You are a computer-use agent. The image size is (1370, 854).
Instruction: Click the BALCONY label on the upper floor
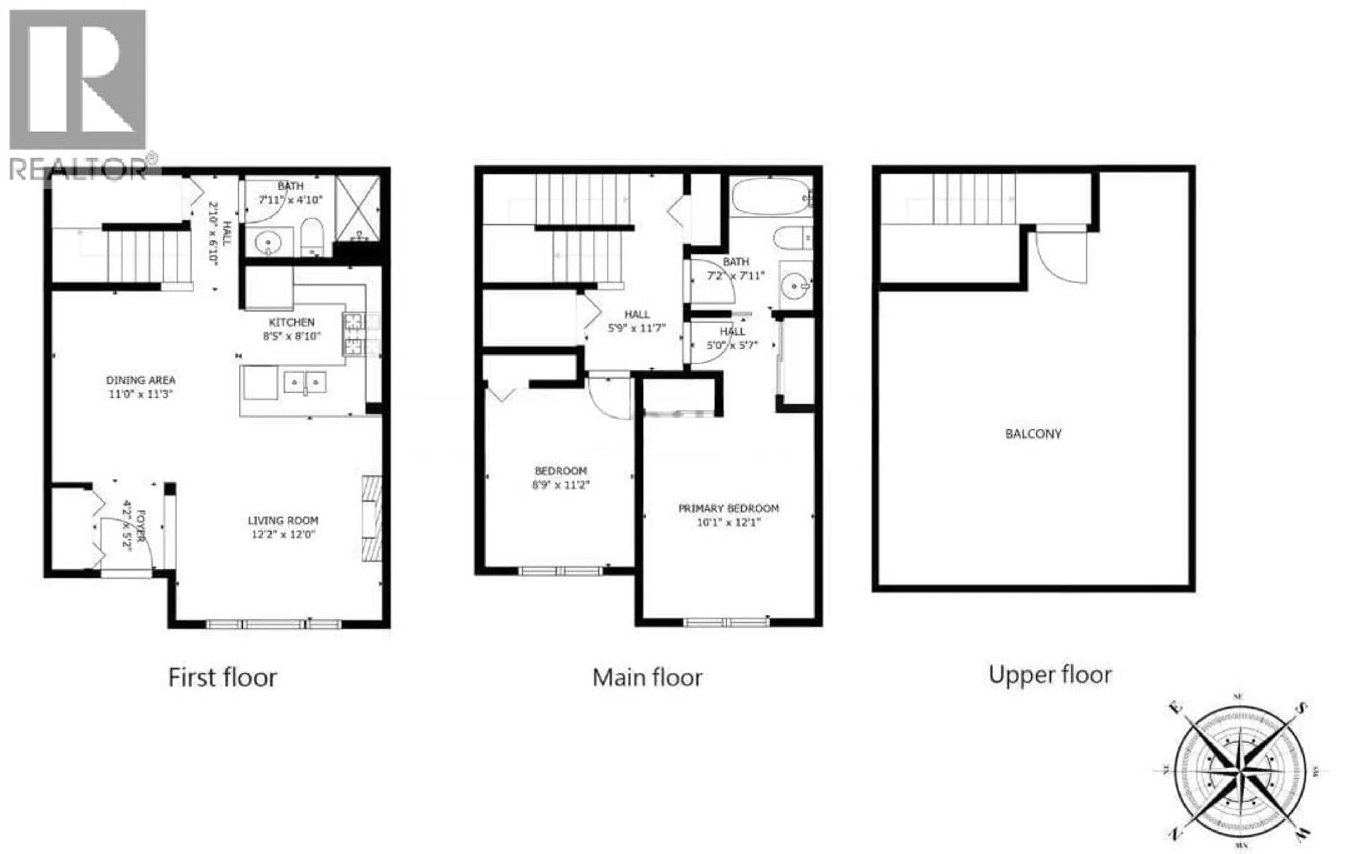click(x=1033, y=434)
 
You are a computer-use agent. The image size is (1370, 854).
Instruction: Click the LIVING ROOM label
click(x=283, y=521)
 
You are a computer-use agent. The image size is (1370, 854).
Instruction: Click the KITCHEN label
click(x=291, y=322)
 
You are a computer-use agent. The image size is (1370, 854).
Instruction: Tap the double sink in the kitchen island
click(x=305, y=382)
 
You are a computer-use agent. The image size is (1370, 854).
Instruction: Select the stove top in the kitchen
click(x=354, y=334)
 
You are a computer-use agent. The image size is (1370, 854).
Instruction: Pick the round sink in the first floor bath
click(x=268, y=243)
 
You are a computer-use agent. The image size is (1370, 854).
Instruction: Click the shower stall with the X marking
click(x=357, y=208)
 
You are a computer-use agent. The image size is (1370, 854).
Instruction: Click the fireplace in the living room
click(x=371, y=518)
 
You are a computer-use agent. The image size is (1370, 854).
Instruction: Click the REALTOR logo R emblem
click(x=78, y=79)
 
